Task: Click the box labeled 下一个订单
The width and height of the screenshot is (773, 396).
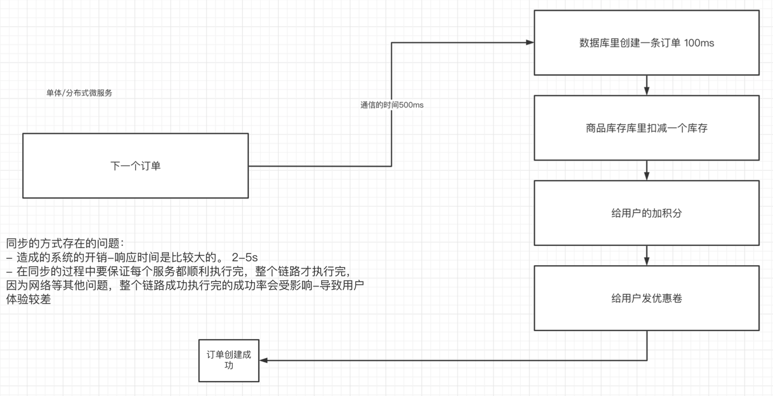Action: pos(135,165)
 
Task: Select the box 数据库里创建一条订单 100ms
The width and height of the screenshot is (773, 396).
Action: pos(646,43)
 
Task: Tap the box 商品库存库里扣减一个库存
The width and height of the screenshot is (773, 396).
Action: pos(646,128)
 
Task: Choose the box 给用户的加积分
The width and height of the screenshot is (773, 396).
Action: pos(646,213)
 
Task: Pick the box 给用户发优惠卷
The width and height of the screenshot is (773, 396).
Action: pos(646,298)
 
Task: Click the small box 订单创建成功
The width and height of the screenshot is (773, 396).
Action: pos(228,360)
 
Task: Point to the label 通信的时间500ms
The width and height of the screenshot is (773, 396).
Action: pos(392,105)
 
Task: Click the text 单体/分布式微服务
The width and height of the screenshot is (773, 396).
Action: pos(79,93)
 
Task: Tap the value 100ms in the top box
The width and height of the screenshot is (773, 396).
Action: pos(699,43)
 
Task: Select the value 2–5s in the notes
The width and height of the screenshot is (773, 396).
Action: pos(245,257)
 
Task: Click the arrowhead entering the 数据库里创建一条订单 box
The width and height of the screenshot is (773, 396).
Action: pos(530,42)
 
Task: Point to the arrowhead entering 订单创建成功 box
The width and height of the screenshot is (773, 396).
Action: pos(264,361)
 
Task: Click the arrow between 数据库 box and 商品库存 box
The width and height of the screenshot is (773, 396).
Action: pos(647,85)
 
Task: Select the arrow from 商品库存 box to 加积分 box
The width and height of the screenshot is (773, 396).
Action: pos(647,170)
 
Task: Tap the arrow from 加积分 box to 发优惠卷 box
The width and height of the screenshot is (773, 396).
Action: pos(647,255)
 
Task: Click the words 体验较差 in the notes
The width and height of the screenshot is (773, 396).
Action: pos(29,299)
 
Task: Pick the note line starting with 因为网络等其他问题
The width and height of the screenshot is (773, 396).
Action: pos(184,285)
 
